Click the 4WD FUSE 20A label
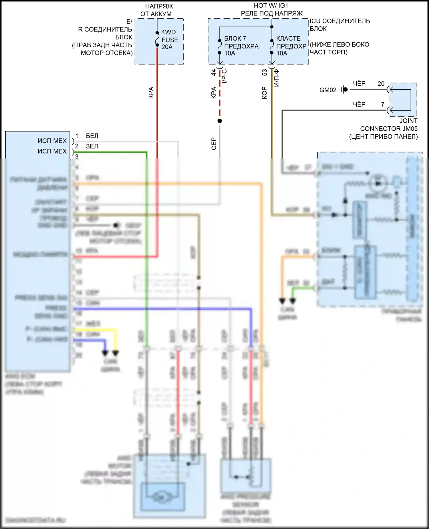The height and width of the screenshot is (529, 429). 169,40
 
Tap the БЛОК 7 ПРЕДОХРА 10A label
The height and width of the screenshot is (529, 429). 241,46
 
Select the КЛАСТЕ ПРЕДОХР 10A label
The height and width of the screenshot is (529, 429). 291,46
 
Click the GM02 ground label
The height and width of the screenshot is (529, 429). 328,90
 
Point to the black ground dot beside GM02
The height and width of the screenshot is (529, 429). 345,90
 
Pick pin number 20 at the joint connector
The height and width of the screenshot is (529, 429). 381,84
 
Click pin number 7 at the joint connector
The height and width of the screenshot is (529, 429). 383,104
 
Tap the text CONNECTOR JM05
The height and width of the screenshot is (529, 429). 389,129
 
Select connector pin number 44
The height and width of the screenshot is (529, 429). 214,73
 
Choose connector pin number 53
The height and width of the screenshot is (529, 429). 265,73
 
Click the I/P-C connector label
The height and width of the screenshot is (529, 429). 225,76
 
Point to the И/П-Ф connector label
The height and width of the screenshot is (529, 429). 277,78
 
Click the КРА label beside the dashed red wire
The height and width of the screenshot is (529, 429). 214,93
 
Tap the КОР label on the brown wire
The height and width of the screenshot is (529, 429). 265,93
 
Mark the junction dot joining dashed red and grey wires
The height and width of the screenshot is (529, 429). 220,121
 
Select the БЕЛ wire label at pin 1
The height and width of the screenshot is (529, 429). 92,136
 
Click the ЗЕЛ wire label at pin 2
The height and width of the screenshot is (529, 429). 92,146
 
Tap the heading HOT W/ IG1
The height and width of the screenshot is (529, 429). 271,5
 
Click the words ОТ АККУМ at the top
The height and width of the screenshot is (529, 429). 156,14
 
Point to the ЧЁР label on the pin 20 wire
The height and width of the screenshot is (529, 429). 359,84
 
